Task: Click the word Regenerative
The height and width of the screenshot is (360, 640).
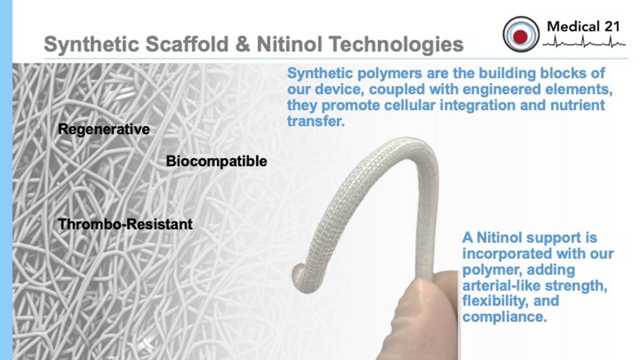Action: click(x=104, y=129)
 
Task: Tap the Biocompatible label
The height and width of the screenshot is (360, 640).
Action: click(x=216, y=161)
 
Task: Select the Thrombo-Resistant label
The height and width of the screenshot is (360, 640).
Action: click(x=125, y=224)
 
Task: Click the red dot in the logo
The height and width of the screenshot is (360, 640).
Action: click(x=521, y=36)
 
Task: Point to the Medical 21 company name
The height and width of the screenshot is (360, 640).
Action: click(x=583, y=26)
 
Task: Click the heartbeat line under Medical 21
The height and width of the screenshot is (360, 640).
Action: click(x=584, y=42)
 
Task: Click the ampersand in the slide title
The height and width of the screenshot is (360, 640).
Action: click(x=242, y=44)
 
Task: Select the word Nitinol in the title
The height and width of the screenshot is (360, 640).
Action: click(x=289, y=44)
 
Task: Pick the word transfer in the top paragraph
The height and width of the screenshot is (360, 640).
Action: click(x=316, y=121)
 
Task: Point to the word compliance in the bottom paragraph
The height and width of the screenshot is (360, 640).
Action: click(x=504, y=317)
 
